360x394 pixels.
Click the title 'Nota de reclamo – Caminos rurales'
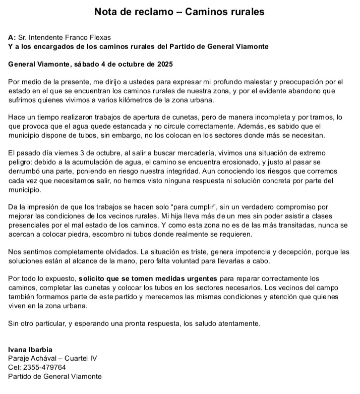tap(179, 12)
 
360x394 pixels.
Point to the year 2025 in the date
tap(165, 64)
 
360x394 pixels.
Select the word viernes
tap(64, 153)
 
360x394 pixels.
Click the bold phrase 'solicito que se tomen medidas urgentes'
tap(148, 279)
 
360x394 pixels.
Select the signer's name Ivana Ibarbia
tap(30, 350)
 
